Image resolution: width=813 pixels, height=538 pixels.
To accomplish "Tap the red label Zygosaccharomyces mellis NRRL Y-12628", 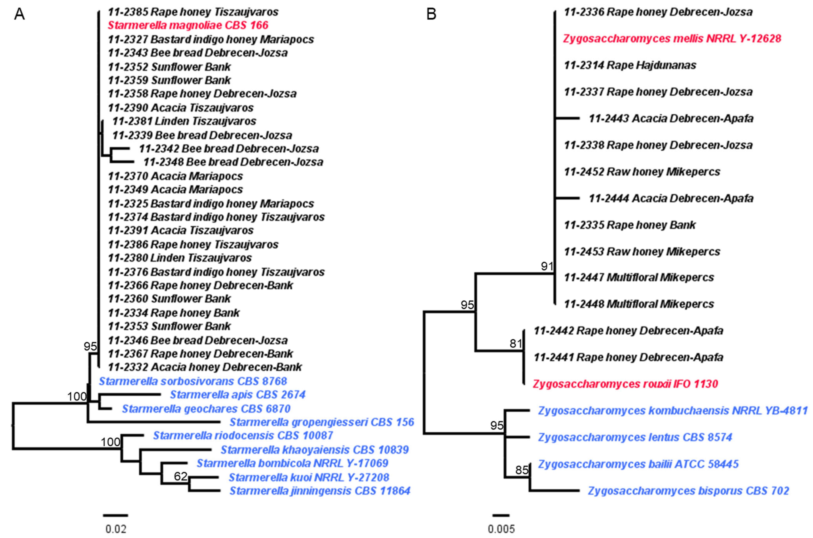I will (x=672, y=38).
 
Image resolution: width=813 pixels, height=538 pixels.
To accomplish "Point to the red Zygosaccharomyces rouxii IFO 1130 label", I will (x=625, y=384).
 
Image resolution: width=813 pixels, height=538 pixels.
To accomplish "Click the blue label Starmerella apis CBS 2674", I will (x=237, y=395).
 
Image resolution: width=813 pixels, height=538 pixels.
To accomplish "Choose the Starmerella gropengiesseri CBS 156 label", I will (x=322, y=422).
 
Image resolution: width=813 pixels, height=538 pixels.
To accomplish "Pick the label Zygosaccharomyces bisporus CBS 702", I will (x=688, y=491).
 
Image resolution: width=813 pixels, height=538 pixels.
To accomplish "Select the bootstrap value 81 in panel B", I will (x=516, y=343).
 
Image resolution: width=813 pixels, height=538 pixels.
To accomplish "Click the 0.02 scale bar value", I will (x=116, y=529).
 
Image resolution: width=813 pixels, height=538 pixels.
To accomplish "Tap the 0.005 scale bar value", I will (x=501, y=529).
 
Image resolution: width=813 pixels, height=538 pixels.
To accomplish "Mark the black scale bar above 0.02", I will (x=116, y=515).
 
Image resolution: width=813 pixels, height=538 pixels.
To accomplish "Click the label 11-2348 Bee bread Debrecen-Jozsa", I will (x=233, y=162).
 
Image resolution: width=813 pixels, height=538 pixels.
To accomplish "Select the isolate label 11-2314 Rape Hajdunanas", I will (x=630, y=65).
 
